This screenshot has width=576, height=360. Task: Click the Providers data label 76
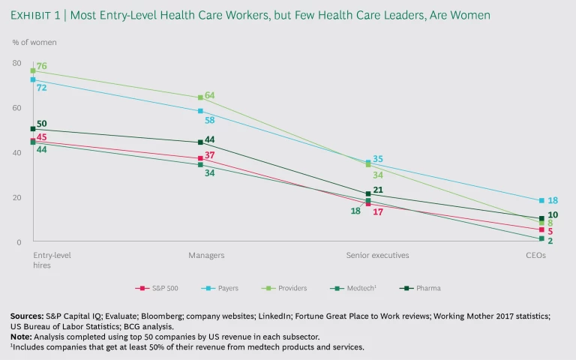coord(42,67)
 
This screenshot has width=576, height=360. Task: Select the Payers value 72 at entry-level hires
coord(42,88)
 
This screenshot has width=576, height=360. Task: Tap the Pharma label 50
coord(42,124)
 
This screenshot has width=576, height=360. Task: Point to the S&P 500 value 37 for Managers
coord(211,154)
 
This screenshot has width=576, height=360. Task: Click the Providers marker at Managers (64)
coord(200,97)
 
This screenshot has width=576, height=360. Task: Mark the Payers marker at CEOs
coord(541,200)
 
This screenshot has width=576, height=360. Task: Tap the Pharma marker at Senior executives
coord(368,193)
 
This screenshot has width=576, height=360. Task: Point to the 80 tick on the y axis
coord(16,63)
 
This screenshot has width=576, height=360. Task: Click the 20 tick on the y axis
coord(16,198)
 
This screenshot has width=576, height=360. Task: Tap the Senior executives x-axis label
coord(377,255)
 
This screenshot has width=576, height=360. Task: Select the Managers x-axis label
coord(206,255)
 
